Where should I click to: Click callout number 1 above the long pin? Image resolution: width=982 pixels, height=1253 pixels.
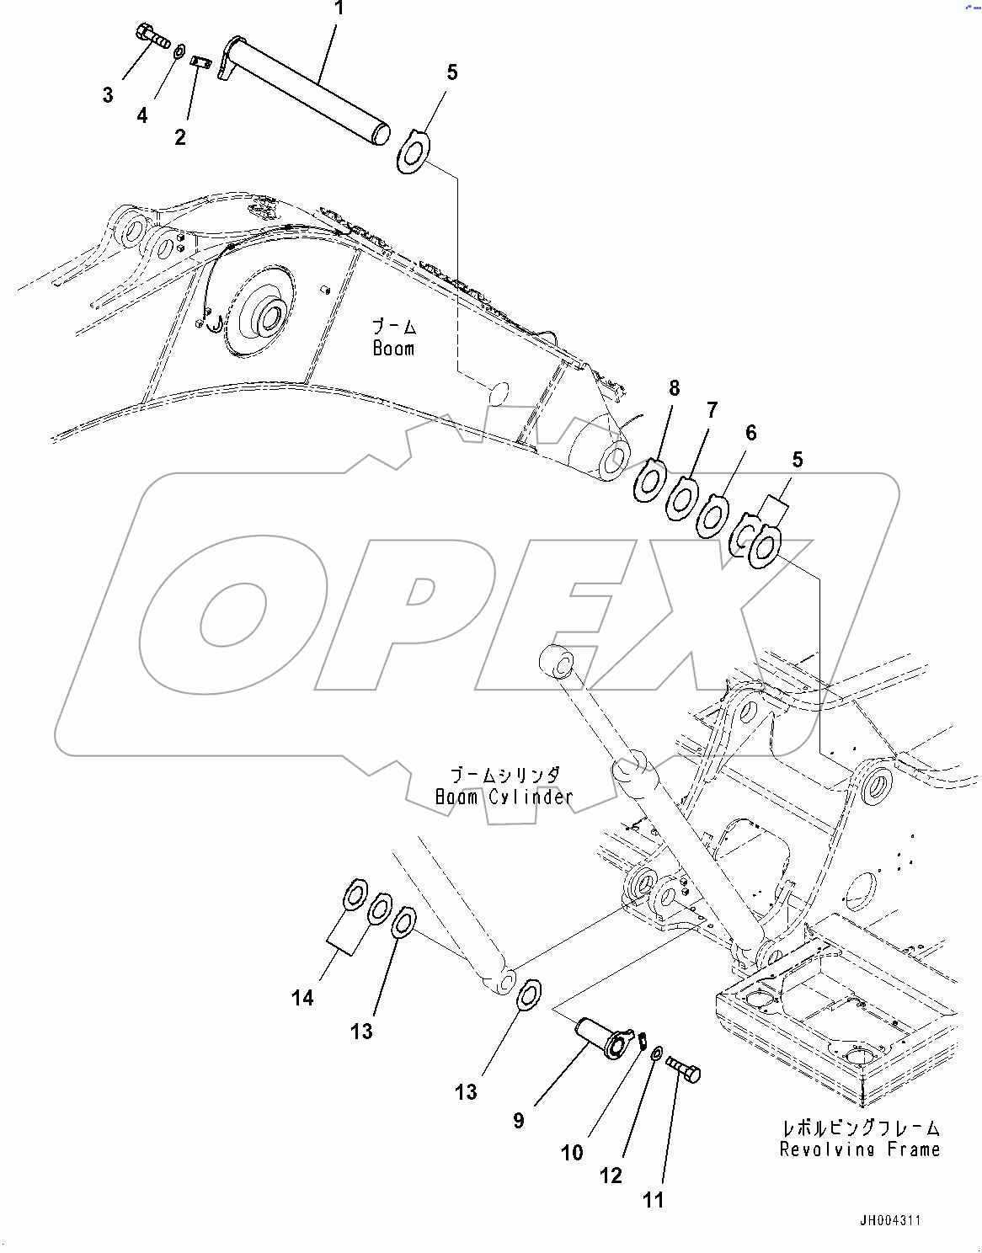[x=339, y=9]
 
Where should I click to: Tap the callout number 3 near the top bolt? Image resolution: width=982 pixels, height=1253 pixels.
[x=108, y=95]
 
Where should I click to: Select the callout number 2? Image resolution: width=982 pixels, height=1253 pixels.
[x=180, y=136]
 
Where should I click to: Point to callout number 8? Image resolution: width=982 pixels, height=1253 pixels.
[x=674, y=388]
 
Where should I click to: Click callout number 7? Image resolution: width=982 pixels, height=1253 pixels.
[x=712, y=410]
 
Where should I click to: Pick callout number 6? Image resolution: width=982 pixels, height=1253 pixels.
[x=751, y=433]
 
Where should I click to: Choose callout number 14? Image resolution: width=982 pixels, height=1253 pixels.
[x=302, y=998]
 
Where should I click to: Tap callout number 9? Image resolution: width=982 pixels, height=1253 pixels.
[x=519, y=1120]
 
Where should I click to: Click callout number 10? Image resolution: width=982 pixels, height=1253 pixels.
[x=572, y=1153]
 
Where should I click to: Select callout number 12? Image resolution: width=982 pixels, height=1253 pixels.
[x=611, y=1176]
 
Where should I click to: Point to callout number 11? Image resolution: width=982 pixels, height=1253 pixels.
[x=654, y=1200]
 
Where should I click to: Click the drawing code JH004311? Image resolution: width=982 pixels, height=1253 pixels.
[x=890, y=1220]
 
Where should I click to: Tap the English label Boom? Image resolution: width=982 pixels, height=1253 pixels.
[x=394, y=348]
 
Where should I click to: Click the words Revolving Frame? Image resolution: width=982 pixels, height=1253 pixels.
[x=859, y=1149]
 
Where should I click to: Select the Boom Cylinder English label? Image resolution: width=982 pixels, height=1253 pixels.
[x=504, y=797]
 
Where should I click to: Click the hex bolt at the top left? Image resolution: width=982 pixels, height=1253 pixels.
[x=152, y=36]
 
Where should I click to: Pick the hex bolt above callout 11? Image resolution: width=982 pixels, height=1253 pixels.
[x=683, y=1069]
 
